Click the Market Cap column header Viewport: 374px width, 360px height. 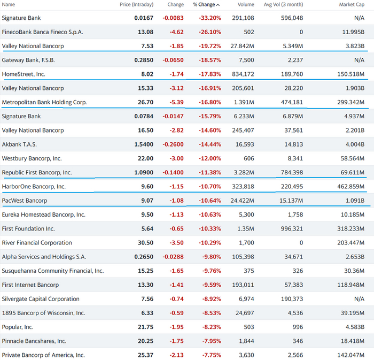tap(352, 5)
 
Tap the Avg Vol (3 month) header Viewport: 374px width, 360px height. tap(283, 5)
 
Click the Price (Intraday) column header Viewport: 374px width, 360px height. tap(136, 5)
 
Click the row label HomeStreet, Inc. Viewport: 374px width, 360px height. tap(24, 74)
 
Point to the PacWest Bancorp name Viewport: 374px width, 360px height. tap(25, 201)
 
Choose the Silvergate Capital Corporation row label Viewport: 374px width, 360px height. tap(41, 299)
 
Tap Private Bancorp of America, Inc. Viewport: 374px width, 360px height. tap(43, 355)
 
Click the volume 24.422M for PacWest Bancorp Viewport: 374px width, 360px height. tap(242, 201)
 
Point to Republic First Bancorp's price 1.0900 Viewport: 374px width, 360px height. tap(142, 173)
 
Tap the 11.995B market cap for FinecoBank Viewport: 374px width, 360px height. tap(352, 32)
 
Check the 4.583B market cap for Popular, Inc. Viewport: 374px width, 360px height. tap(354, 327)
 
